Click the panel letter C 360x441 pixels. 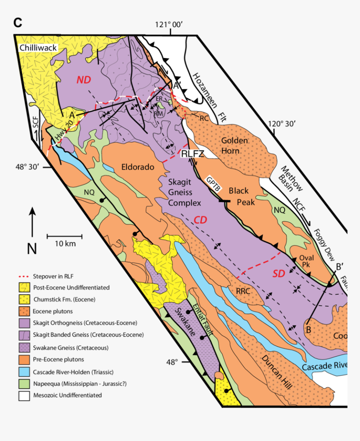coord(17,23)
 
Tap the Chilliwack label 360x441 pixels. coord(38,49)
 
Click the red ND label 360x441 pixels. coord(83,80)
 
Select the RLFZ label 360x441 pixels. coord(192,154)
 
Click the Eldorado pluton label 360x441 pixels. coord(138,167)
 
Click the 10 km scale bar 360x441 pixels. coord(64,237)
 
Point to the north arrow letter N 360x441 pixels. coord(32,249)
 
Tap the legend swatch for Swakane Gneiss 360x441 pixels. coord(24,347)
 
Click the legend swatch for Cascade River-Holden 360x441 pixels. coord(24,371)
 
